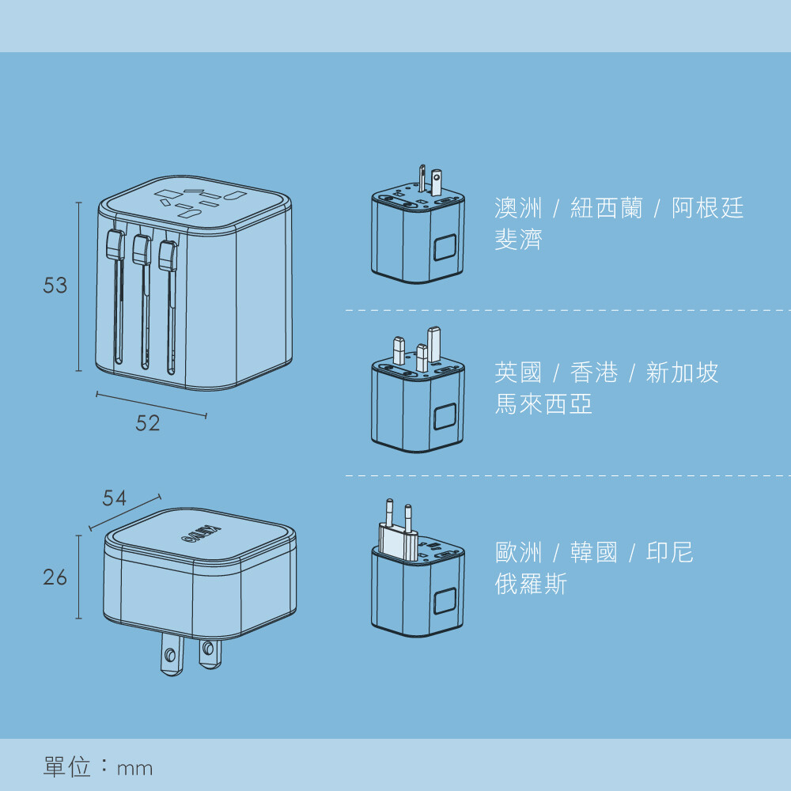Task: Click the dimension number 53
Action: (55, 286)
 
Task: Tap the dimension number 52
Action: (147, 423)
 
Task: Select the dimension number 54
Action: (115, 498)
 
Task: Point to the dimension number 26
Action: (55, 578)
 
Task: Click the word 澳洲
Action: (519, 208)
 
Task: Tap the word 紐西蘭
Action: (607, 208)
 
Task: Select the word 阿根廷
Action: (708, 208)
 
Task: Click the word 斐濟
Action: (519, 240)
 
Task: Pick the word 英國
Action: (519, 373)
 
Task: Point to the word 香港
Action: (594, 373)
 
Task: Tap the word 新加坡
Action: (683, 373)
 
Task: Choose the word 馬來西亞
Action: (543, 404)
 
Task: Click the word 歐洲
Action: (519, 552)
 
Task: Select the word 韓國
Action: (594, 552)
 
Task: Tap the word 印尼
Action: (670, 552)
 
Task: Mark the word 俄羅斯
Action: (531, 585)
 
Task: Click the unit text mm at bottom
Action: (134, 768)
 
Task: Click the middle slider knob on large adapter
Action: (142, 250)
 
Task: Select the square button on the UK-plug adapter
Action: (445, 417)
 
